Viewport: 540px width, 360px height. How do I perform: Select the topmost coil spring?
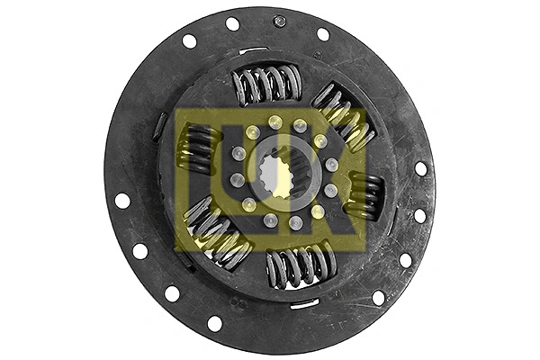267,84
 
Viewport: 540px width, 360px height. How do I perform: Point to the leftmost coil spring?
200,148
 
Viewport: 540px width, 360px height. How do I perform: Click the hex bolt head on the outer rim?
280,22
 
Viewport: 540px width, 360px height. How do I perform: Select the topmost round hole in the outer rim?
232,23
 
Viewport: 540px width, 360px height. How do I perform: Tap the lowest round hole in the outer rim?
214,323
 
